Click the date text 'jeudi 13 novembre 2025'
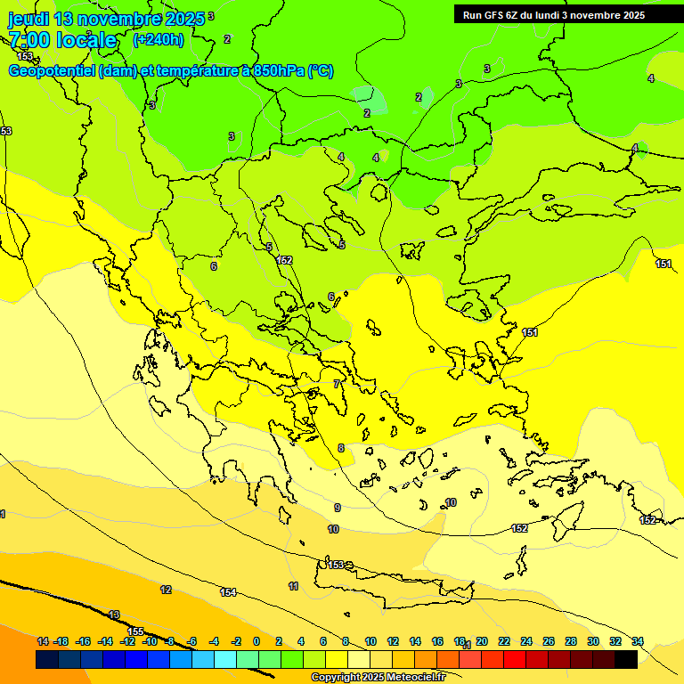point(106,19)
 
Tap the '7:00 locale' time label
point(62,40)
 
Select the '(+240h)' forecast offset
point(159,40)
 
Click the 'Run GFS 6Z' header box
point(553,14)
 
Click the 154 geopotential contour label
point(228,592)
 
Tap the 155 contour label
point(135,631)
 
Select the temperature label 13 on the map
point(114,615)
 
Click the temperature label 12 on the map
point(166,590)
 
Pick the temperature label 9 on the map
point(337,508)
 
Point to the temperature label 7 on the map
point(337,384)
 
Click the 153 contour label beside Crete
point(336,565)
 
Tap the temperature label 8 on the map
point(340,448)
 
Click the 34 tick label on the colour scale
point(638,641)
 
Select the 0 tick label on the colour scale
point(256,641)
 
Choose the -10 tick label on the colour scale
point(150,641)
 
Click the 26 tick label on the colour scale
point(549,641)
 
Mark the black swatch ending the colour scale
point(626,659)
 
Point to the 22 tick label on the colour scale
point(504,641)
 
